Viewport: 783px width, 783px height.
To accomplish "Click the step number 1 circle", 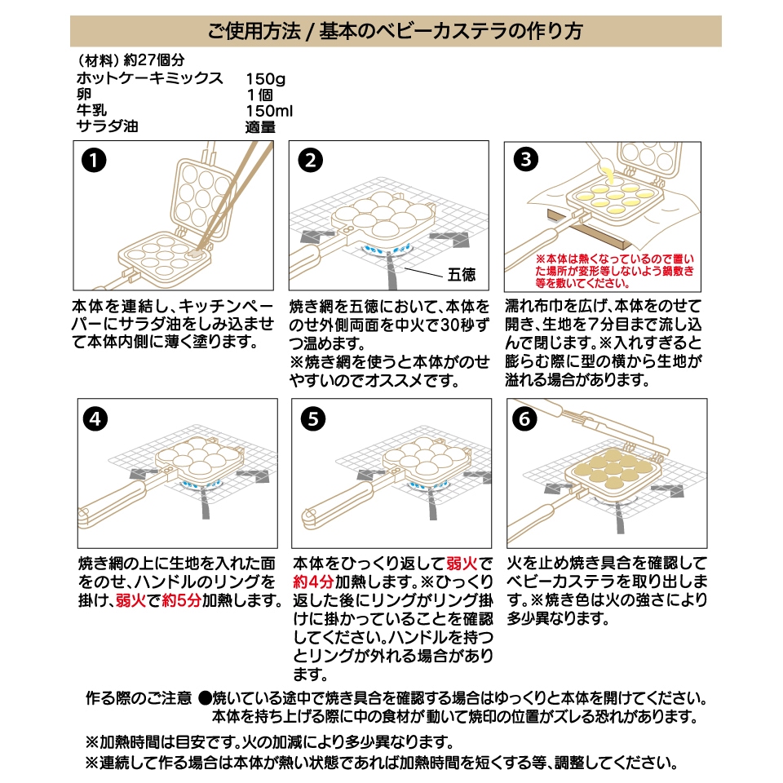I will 95,161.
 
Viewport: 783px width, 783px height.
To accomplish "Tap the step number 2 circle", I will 309,161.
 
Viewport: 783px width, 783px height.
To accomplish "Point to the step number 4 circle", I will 95,419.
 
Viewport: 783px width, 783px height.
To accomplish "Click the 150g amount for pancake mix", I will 265,79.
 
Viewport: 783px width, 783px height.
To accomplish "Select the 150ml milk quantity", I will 269,111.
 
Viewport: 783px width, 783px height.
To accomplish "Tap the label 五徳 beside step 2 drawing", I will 462,274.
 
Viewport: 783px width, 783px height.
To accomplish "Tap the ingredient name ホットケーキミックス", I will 149,79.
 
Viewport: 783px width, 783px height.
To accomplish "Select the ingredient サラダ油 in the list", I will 107,127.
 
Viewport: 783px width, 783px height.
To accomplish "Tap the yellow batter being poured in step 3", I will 607,172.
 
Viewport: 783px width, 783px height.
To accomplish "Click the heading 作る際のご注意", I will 139,699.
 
